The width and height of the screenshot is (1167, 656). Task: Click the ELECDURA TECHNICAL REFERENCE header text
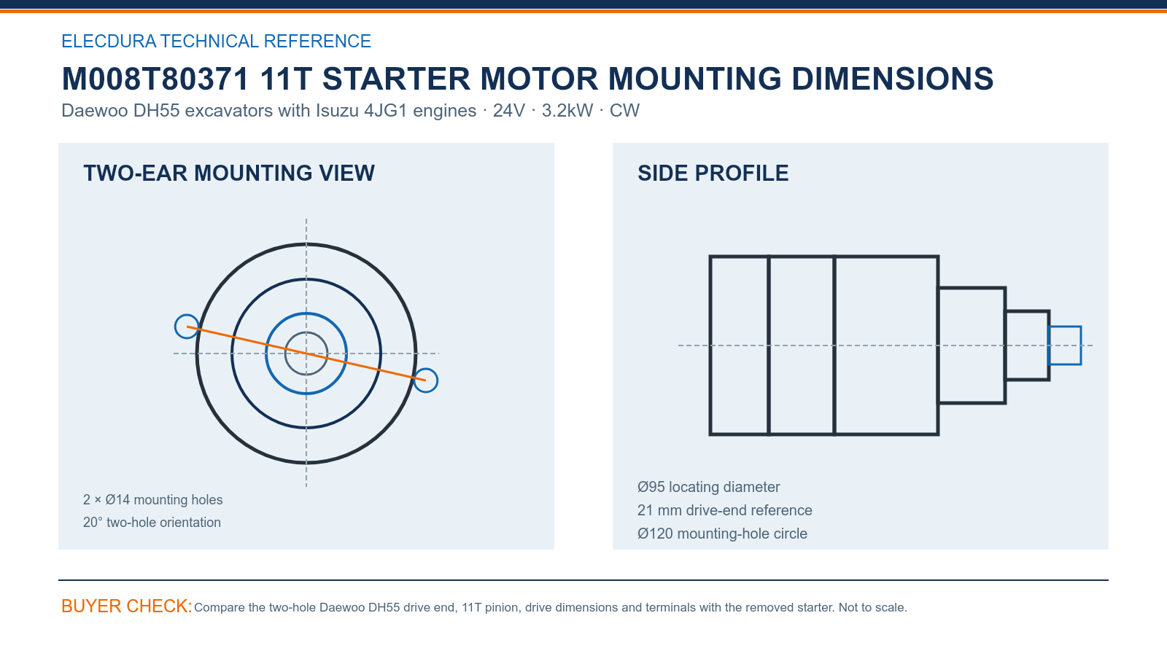pos(216,41)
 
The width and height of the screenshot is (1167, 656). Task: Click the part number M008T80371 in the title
pos(155,79)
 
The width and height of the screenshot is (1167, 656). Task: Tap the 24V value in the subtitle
pos(509,110)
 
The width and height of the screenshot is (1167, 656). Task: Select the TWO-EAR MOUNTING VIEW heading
pos(229,173)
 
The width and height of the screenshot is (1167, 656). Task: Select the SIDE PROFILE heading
pos(713,173)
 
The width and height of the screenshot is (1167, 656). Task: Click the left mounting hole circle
pos(187,327)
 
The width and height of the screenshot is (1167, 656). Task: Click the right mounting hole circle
pos(426,380)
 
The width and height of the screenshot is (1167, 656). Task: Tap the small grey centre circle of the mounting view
pos(306,332)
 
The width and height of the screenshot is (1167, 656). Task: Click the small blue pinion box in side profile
pos(1065,327)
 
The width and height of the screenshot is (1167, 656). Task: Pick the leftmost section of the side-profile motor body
pos(710,345)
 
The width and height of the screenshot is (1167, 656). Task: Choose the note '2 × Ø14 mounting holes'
pos(152,500)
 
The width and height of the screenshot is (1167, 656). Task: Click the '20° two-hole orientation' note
pos(152,522)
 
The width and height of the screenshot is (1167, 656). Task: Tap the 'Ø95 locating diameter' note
pos(708,487)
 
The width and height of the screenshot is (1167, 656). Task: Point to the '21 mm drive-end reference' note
pos(725,510)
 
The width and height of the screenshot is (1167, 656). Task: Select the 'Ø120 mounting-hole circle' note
pos(722,534)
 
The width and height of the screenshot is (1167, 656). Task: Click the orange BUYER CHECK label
pos(127,606)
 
